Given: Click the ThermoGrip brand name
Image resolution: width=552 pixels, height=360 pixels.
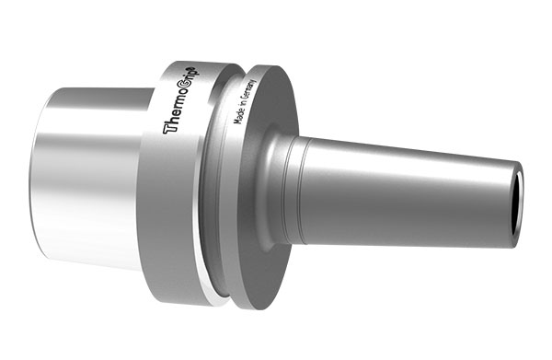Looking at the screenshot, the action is pos(181,99).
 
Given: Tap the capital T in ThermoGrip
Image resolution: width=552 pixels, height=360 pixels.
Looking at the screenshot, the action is pos(168,127).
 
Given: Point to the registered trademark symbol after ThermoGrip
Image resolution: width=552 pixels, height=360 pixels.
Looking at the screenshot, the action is pos(198,68).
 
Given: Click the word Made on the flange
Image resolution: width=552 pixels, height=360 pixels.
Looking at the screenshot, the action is pos(239,115).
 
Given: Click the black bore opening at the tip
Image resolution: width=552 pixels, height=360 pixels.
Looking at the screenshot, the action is pos(517,204).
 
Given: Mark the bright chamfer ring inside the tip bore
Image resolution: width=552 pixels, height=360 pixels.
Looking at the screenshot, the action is pos(521,204).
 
